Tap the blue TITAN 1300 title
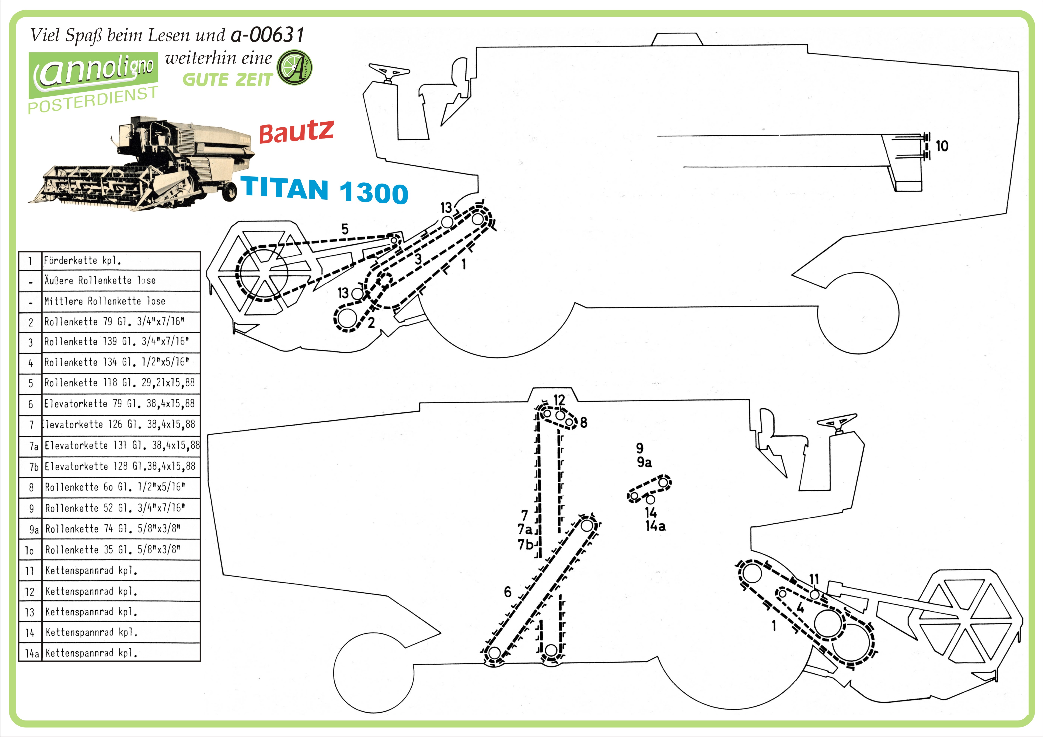324,190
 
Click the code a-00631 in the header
268,35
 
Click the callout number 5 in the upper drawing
345,229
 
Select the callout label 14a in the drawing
656,526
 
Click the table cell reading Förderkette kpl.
121,261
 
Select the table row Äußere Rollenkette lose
109,281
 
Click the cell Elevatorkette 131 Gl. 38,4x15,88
121,446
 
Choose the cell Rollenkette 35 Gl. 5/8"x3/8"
121,550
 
